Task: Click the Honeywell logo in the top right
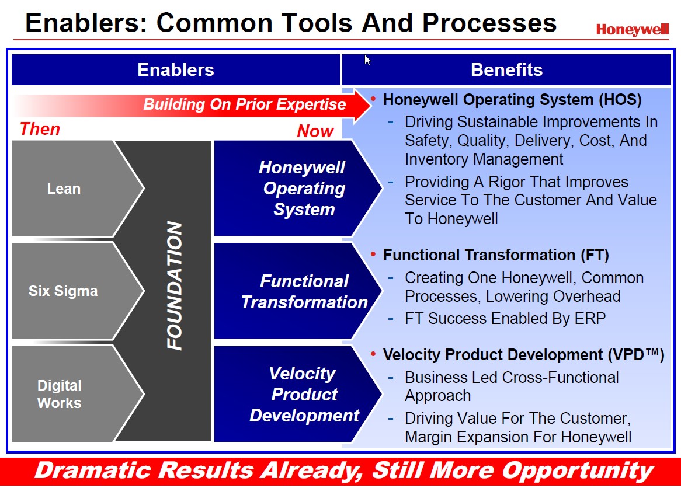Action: pos(632,30)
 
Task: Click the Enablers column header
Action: pos(176,70)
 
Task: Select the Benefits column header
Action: pos(506,70)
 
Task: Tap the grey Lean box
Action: pos(64,189)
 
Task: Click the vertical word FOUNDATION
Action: pos(175,286)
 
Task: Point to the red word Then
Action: pos(40,129)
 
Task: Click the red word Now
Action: pos(315,131)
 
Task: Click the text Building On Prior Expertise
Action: pos(245,104)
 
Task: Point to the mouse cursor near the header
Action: pos(367,60)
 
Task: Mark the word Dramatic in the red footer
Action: pos(94,471)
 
